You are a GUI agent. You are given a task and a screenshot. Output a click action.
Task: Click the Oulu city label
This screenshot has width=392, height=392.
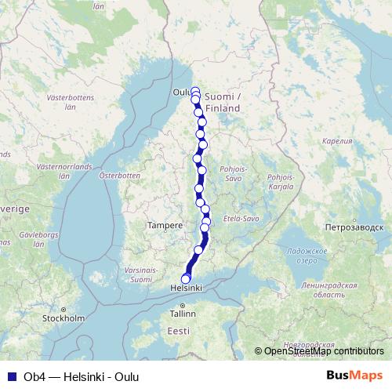(180, 92)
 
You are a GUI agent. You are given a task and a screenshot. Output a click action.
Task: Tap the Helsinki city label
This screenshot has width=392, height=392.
(187, 289)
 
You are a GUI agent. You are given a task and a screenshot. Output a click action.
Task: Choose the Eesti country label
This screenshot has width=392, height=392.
(179, 332)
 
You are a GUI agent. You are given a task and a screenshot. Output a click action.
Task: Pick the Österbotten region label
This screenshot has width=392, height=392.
(118, 176)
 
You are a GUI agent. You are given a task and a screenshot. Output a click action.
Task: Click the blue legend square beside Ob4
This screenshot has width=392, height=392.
(11, 376)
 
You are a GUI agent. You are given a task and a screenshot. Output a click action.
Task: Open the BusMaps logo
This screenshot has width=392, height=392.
(355, 375)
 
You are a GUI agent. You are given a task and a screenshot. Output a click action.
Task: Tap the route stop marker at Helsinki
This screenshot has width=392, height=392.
(186, 278)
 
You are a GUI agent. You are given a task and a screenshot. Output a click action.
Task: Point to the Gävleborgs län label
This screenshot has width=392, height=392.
(19, 238)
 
